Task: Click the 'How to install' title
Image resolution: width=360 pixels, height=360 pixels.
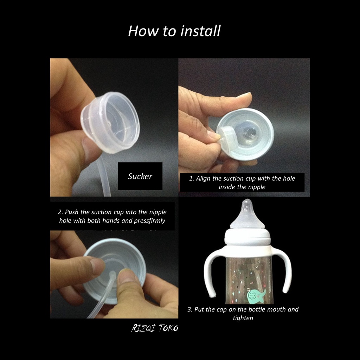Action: coord(174,31)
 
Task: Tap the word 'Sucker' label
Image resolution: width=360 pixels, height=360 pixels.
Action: coord(140,176)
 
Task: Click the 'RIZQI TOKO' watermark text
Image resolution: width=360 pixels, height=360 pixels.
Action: coord(155,328)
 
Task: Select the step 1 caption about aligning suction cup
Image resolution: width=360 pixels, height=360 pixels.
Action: coord(242,182)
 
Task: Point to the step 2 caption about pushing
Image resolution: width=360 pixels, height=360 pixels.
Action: coord(112,216)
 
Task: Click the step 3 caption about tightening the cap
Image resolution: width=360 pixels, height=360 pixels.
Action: coord(243,313)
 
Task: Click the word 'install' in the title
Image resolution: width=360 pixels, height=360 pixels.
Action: coord(200,31)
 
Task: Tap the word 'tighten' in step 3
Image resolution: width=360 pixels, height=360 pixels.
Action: coord(243,318)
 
